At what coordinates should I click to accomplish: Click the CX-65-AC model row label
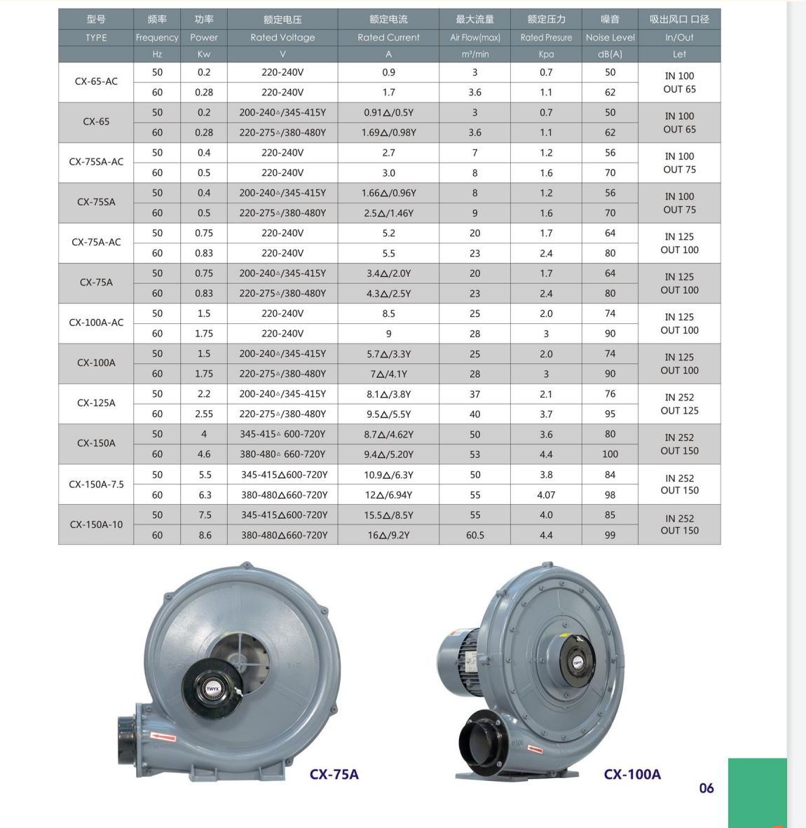tap(96, 81)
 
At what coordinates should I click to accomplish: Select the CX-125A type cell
tap(96, 403)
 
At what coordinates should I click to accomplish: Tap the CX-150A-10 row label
tap(96, 524)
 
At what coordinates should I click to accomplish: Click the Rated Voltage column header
tap(282, 37)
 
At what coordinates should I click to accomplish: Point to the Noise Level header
tap(610, 37)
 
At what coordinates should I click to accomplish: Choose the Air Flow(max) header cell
tap(475, 37)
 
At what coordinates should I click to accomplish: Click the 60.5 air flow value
tap(475, 535)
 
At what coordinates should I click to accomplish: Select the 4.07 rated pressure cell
tap(546, 495)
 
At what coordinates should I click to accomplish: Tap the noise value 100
tap(610, 454)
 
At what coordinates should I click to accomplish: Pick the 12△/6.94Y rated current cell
tap(388, 495)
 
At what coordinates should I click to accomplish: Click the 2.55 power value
tap(204, 414)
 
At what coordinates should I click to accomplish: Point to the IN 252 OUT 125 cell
tap(679, 404)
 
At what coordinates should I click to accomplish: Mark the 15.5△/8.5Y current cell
tap(388, 515)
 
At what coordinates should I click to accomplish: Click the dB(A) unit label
tap(610, 54)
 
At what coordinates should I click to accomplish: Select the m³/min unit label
tap(475, 54)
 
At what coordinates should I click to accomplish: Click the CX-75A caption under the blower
tap(334, 774)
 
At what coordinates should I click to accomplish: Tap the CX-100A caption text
tap(632, 774)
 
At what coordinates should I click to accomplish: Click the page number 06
tap(706, 788)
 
